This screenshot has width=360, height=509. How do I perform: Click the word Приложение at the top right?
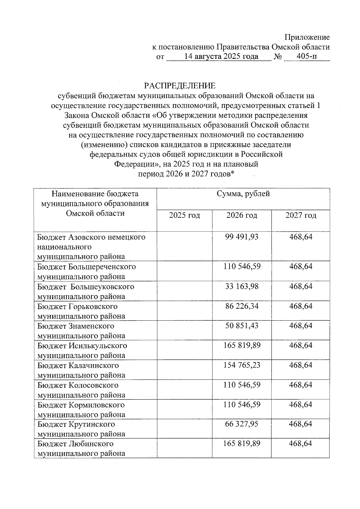tap(307, 37)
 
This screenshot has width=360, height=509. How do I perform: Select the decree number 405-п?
tap(306, 56)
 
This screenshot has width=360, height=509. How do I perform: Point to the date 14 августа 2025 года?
tap(221, 56)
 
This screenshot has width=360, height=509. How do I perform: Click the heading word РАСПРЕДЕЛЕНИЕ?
tap(180, 86)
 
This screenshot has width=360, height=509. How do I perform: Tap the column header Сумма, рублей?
tap(243, 194)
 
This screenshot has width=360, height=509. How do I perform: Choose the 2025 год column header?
tap(184, 215)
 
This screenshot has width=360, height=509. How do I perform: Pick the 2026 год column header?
tap(242, 215)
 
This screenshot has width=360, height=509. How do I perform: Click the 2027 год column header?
tap(301, 215)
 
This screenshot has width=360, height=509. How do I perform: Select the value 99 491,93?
tap(242, 237)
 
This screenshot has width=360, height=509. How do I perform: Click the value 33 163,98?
tap(242, 286)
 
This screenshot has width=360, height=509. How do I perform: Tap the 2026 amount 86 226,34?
tap(242, 306)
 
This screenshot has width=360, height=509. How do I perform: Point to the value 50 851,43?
tap(242, 326)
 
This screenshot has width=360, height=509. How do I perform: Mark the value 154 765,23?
tap(242, 365)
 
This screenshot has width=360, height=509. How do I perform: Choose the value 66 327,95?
tap(242, 424)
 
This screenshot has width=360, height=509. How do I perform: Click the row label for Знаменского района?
tap(81, 331)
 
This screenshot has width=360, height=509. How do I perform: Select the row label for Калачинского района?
tap(81, 370)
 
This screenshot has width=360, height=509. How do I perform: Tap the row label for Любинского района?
tap(81, 448)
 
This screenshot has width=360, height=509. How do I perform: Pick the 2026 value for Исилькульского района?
tap(242, 346)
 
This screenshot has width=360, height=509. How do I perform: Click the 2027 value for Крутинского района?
tap(301, 424)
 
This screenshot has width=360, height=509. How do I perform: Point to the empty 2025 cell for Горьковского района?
tap(184, 311)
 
